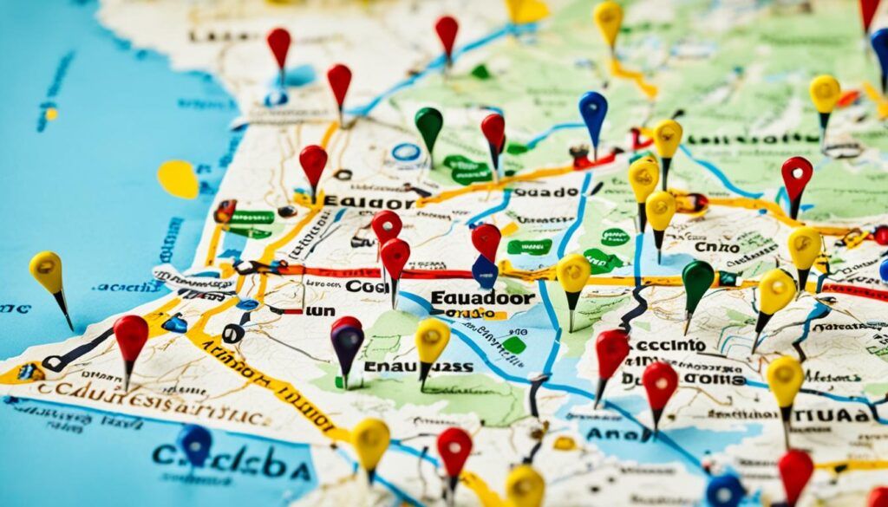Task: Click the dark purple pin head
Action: (347, 336)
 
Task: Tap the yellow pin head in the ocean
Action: (46, 271)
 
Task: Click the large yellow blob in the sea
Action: (178, 179)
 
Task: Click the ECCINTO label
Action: (669, 345)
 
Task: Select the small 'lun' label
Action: (321, 309)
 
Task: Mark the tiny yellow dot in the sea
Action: (51, 114)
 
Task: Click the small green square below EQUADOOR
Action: (513, 344)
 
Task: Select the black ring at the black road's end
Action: (232, 333)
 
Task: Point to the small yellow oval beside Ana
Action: (565, 443)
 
